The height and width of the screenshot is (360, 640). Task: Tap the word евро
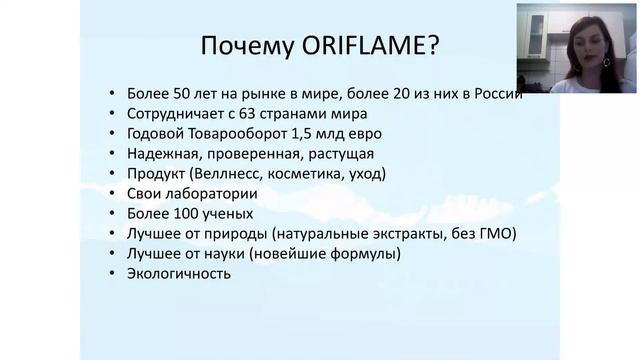pos(363,133)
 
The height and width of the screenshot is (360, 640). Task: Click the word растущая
pos(341,153)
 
